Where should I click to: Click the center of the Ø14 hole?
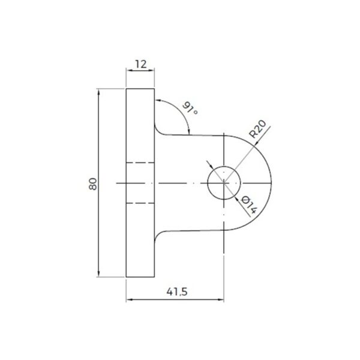pos(224,182)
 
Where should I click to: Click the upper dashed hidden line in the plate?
pos(140,162)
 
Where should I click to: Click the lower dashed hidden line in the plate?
pos(140,204)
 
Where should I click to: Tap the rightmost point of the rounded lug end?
pos(271,182)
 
